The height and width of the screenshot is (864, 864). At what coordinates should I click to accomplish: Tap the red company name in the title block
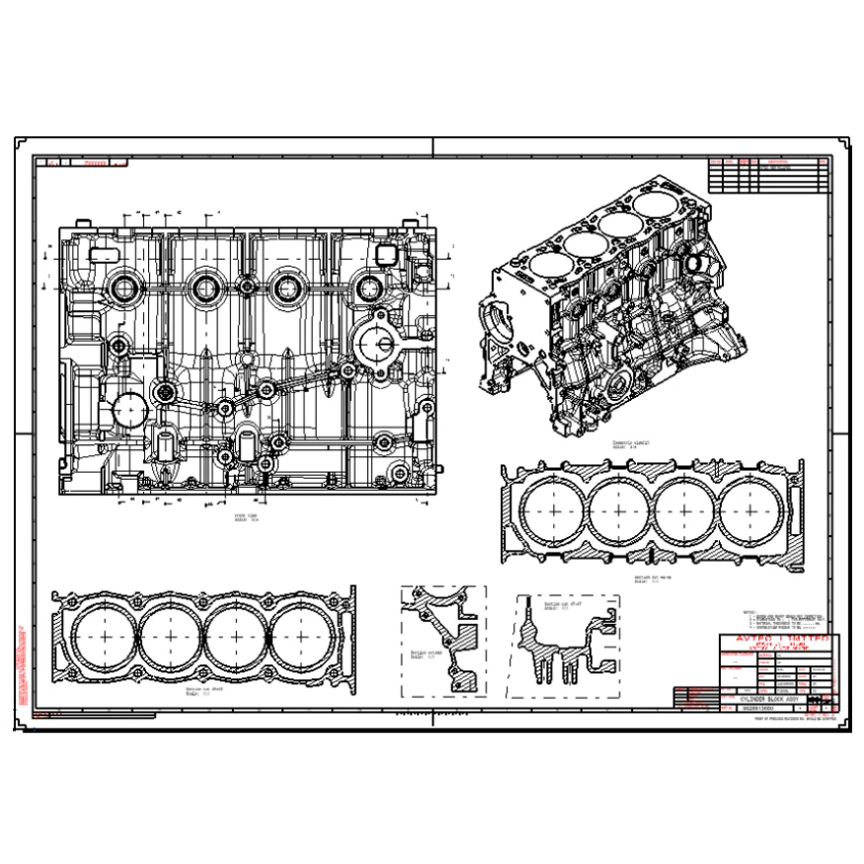coord(778,641)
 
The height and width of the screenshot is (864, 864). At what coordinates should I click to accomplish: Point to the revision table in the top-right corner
coord(768,174)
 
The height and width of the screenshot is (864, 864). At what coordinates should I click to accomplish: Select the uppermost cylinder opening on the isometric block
coord(659,205)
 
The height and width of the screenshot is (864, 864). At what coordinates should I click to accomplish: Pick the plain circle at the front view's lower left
coord(128,407)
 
